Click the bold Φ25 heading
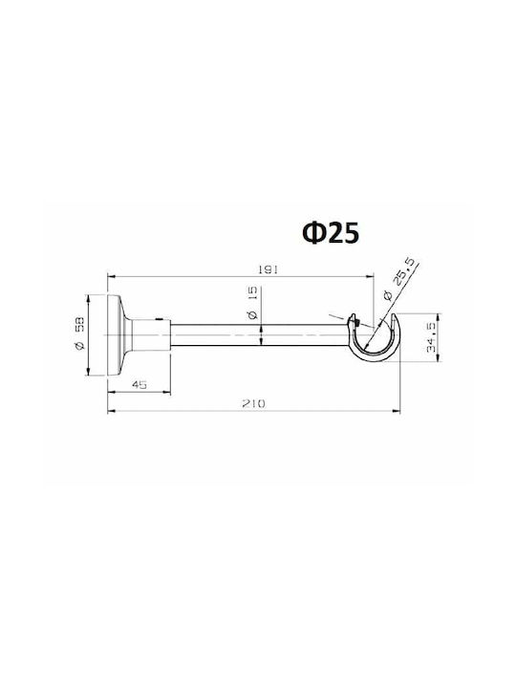click(x=331, y=232)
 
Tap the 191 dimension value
click(x=268, y=269)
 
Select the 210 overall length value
click(x=254, y=403)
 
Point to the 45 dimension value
click(x=140, y=385)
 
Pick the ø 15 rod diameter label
click(x=252, y=306)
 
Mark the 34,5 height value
click(x=430, y=337)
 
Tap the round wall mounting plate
click(x=113, y=334)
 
